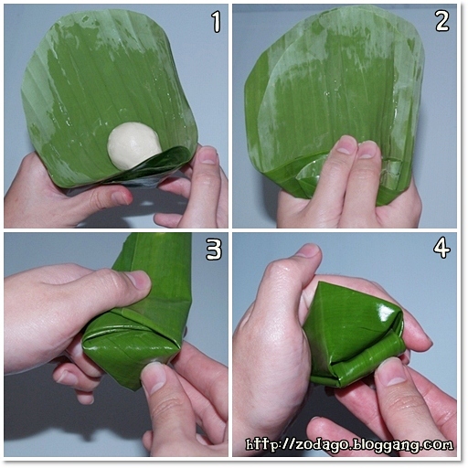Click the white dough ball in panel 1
pos(134,144)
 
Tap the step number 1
pos(216,22)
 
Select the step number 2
pos(442,22)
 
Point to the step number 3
pos(214,250)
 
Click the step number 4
pos(441,249)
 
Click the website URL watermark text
pos(349,444)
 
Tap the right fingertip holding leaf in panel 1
pos(207,155)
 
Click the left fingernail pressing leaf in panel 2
pos(346,146)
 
